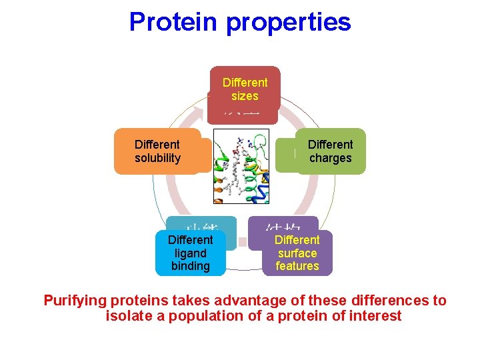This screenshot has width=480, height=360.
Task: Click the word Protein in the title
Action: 174,21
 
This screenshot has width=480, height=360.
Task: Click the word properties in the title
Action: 289,23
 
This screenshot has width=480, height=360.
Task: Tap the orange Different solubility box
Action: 157,151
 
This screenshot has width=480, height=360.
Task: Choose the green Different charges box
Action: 331,151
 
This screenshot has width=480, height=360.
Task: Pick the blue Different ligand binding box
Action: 190,253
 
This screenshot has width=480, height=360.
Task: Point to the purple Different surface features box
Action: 297,253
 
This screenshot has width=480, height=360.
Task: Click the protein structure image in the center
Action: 245,166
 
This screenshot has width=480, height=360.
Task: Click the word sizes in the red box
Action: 245,96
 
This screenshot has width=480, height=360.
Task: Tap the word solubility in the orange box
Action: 157,158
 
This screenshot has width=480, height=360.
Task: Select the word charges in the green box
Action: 331,158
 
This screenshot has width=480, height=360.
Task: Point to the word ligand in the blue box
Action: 190,253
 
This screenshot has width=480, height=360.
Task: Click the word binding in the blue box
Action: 190,266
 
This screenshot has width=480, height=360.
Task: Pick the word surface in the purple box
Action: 297,253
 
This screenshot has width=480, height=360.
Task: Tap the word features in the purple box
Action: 297,266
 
